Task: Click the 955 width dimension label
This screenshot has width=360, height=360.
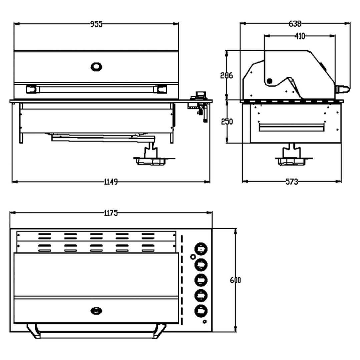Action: coord(96,24)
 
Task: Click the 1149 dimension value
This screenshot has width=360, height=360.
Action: coord(111,182)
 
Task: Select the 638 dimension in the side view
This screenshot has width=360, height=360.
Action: coord(295,24)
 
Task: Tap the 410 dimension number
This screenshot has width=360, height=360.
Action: coord(300,37)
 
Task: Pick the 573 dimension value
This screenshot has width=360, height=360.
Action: coord(291,182)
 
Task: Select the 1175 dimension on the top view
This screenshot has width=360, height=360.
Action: coord(111,213)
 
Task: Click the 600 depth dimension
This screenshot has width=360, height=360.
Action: coord(235,280)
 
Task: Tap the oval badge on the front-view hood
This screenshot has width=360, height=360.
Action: coord(96,66)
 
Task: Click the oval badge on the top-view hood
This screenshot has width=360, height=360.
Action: coord(96,311)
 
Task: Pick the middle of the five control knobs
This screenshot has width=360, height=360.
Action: coord(201,280)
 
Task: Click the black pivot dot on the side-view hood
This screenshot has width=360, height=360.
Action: coord(269,81)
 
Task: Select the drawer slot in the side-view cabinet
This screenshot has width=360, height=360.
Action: coord(292,127)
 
